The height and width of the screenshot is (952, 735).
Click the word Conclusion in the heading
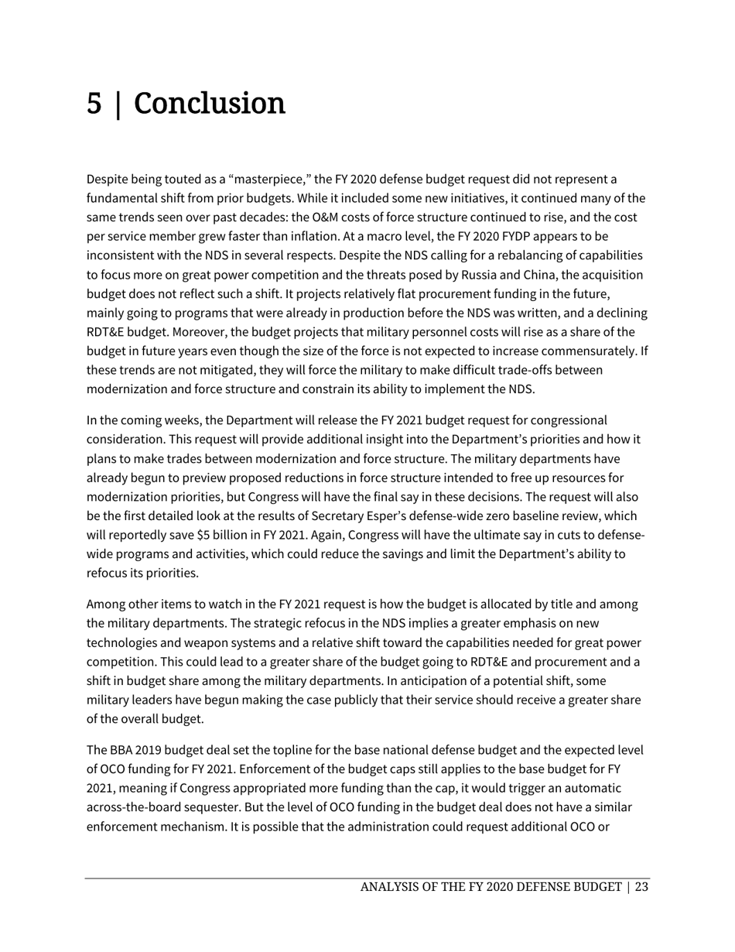[210, 104]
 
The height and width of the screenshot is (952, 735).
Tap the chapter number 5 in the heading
[94, 104]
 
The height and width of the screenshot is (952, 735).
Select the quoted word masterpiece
[248, 180]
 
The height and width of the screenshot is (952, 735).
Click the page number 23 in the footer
[641, 888]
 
